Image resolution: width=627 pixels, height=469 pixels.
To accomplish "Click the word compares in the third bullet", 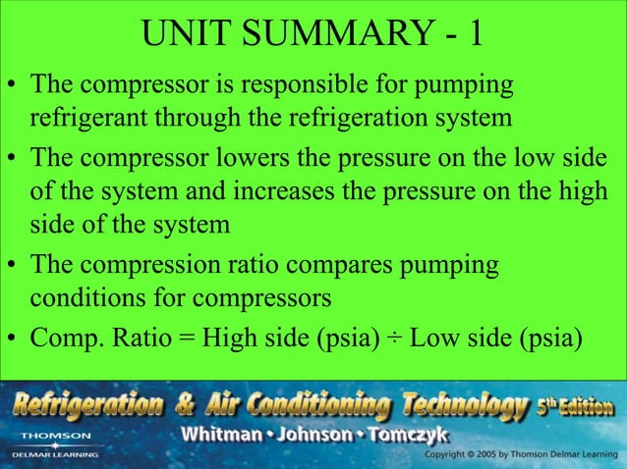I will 356,264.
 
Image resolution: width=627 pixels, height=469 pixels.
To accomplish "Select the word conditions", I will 86,297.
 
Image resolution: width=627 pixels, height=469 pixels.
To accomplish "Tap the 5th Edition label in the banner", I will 575,405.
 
